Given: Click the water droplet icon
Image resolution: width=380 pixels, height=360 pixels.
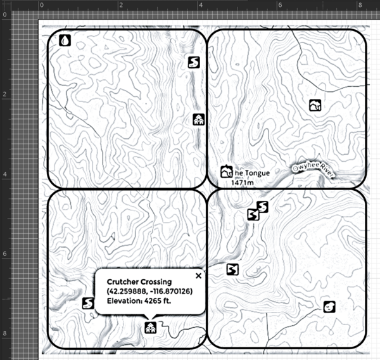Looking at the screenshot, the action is (x=65, y=41).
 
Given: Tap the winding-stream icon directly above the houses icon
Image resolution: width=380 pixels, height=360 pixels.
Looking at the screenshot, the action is (x=194, y=62).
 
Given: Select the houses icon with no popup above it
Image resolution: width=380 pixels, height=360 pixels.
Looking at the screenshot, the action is (x=199, y=120).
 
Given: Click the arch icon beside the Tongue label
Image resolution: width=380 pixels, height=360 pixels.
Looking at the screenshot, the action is (x=226, y=172).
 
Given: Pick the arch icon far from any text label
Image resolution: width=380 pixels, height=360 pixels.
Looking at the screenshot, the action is (x=315, y=105).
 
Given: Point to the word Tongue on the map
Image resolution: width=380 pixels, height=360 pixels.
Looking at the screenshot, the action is (x=257, y=173).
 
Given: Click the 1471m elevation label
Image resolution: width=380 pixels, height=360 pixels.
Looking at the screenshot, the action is (x=243, y=183).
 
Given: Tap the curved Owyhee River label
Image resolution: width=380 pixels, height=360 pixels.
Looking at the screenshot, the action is (x=313, y=170).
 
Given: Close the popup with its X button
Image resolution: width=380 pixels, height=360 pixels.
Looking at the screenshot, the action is (x=198, y=276).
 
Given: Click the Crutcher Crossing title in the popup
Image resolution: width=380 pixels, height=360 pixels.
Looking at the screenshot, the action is (x=139, y=282).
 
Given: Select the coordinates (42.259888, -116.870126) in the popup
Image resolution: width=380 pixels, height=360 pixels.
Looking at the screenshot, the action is (x=149, y=291).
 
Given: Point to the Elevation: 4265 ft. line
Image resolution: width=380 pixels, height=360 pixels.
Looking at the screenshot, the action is (x=139, y=301).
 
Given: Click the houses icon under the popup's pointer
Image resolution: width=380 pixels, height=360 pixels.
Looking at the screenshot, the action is (x=151, y=328).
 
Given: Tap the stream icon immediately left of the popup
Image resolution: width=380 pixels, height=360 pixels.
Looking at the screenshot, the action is (x=88, y=303).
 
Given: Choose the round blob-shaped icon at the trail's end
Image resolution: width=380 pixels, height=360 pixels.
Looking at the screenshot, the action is (x=329, y=307).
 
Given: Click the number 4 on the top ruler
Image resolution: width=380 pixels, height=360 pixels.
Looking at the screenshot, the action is (x=200, y=5).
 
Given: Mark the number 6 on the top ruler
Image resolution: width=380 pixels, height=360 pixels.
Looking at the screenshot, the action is (x=280, y=5).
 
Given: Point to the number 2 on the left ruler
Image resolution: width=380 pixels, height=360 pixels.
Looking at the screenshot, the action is (x=4, y=94).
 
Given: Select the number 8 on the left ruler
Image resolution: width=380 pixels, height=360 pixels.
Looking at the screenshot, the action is (x=4, y=333).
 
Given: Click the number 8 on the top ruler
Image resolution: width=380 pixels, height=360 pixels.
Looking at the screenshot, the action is (x=360, y=5).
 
